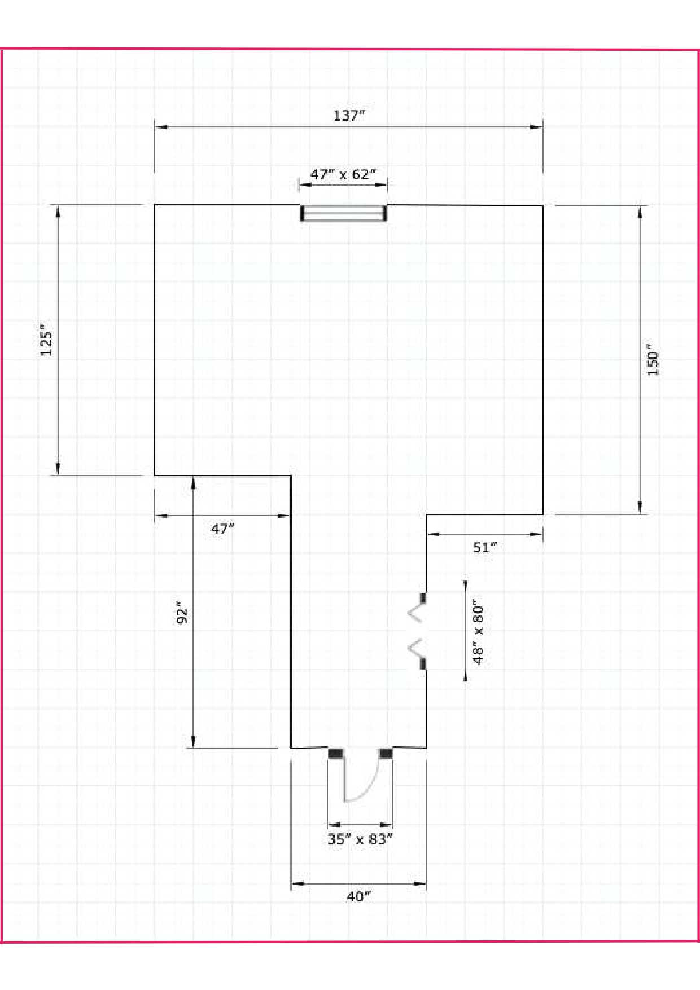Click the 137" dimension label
349,116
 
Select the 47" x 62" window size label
343,174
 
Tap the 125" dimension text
46,340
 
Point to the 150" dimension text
653,359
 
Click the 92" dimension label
182,613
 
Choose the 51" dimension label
485,547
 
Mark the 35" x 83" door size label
360,839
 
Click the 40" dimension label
358,896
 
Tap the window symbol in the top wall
343,213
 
